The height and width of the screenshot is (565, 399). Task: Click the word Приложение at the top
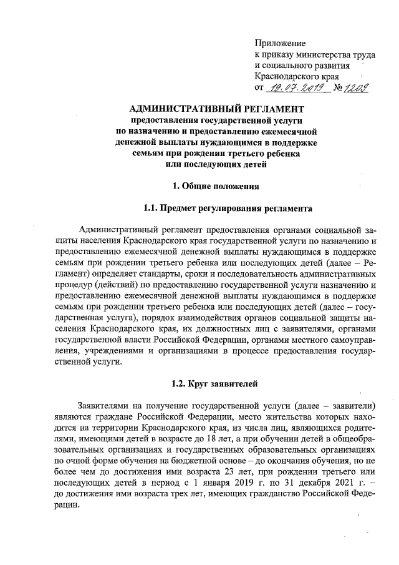point(280,43)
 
